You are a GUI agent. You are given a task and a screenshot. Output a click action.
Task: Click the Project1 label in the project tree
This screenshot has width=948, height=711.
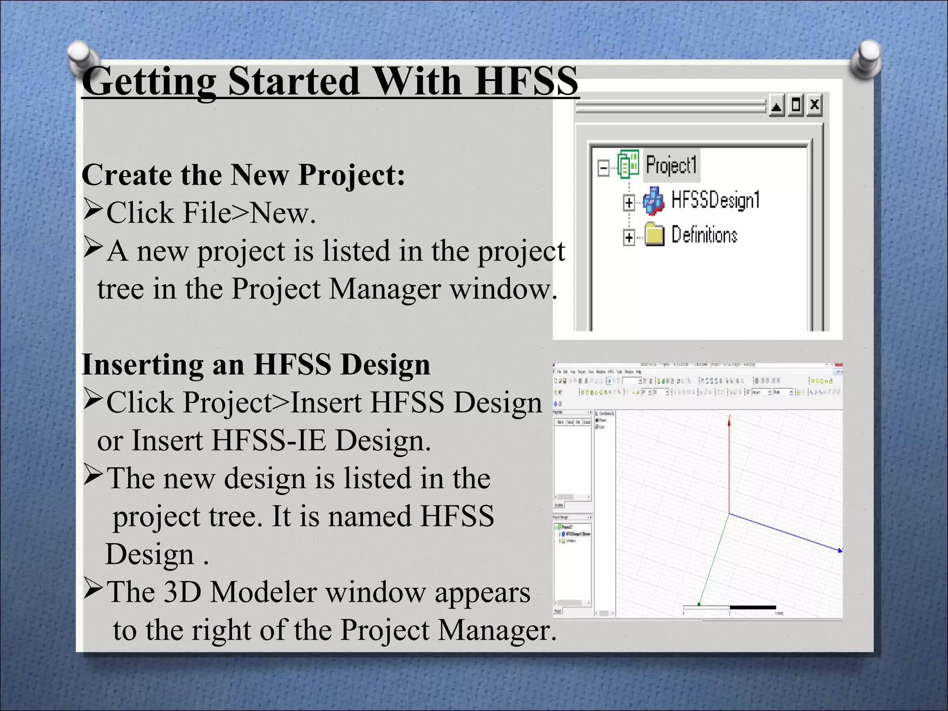coord(671,165)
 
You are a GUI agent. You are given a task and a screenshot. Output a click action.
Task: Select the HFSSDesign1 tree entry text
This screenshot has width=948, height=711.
coord(715,200)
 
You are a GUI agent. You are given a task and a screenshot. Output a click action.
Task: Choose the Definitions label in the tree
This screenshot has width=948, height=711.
coord(704,235)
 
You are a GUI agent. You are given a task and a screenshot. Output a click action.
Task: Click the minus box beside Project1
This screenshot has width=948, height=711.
coord(603,168)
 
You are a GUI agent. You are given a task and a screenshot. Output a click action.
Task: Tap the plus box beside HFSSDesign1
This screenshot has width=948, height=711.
coord(629,203)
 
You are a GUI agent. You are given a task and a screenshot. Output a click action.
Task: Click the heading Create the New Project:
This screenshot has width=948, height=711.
coord(243,175)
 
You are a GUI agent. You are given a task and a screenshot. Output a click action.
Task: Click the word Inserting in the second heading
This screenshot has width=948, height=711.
coord(142,365)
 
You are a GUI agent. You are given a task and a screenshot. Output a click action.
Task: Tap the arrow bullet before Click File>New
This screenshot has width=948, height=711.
coord(93,209)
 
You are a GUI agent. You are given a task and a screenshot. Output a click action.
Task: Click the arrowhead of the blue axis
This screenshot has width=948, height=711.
coord(839,550)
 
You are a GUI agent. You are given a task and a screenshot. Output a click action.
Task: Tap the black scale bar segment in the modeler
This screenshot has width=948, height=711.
coord(752,607)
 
